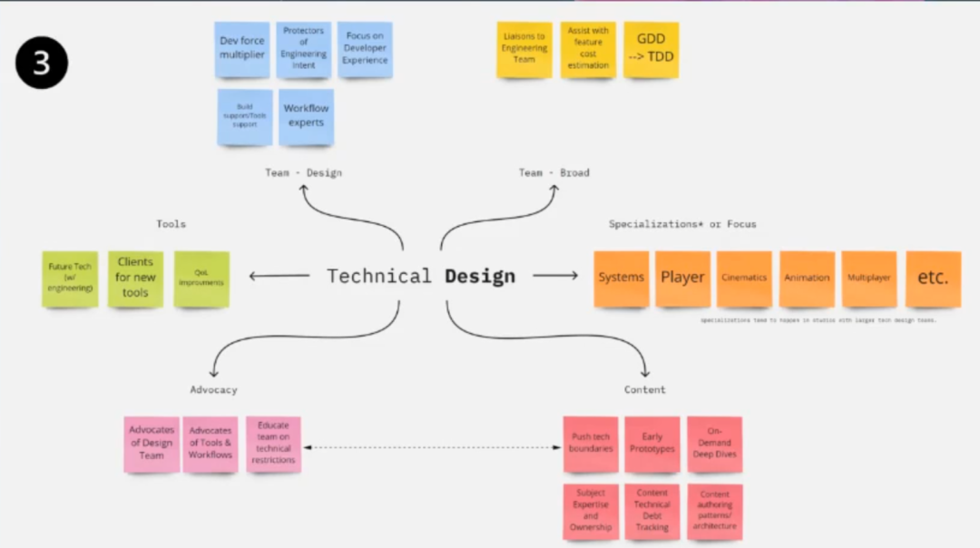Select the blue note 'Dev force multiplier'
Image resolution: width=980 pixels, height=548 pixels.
pyautogui.click(x=242, y=49)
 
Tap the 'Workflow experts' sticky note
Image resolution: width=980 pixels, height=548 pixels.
pyautogui.click(x=306, y=116)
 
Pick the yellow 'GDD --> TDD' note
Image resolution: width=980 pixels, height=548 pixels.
pyautogui.click(x=651, y=49)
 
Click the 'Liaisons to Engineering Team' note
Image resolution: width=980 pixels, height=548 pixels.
pyautogui.click(x=524, y=49)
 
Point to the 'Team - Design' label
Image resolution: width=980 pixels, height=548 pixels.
pyautogui.click(x=303, y=172)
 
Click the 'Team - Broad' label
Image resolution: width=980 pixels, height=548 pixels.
pyautogui.click(x=554, y=172)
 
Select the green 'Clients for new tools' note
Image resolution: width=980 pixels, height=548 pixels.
pyautogui.click(x=135, y=278)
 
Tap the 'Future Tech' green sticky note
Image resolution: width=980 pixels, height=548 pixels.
pyautogui.click(x=70, y=279)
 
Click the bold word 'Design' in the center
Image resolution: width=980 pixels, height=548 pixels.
pyautogui.click(x=479, y=277)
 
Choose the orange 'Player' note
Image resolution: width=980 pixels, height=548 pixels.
pyautogui.click(x=682, y=278)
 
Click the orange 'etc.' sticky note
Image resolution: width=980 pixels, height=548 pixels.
pyautogui.click(x=933, y=278)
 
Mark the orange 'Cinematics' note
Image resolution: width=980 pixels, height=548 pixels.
pyautogui.click(x=744, y=278)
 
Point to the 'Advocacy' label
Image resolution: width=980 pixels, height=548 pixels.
pyautogui.click(x=213, y=389)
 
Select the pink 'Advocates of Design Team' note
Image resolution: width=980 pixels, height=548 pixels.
pyautogui.click(x=152, y=444)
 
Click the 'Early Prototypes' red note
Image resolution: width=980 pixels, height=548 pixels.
pyautogui.click(x=652, y=444)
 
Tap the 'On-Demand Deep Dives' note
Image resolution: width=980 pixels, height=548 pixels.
pyautogui.click(x=714, y=443)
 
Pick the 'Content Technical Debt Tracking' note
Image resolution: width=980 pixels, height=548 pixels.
pyautogui.click(x=652, y=511)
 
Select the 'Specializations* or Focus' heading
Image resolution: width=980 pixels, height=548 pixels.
pyautogui.click(x=681, y=224)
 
